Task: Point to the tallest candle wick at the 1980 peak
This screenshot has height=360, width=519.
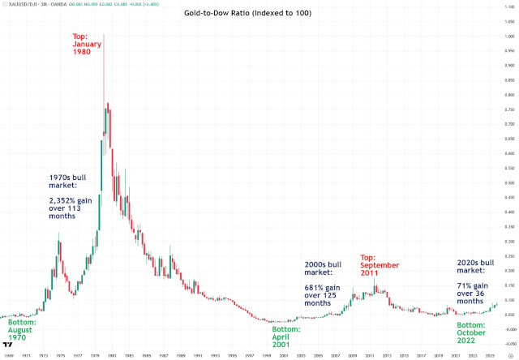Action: (x=104, y=49)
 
